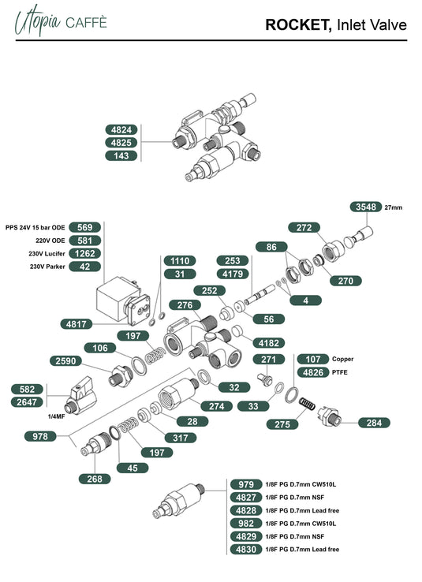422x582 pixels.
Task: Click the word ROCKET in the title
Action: pyautogui.click(x=298, y=25)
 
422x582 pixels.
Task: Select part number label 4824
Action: pyautogui.click(x=122, y=129)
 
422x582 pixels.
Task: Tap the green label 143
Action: pyautogui.click(x=122, y=155)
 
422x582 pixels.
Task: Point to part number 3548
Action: pyautogui.click(x=364, y=207)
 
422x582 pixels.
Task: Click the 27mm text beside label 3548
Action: pyautogui.click(x=393, y=207)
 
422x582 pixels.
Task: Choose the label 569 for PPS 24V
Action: pyautogui.click(x=85, y=226)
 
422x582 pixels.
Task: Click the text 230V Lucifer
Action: pyautogui.click(x=47, y=253)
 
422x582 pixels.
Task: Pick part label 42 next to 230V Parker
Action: pyautogui.click(x=85, y=267)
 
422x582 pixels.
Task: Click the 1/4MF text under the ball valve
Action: pyautogui.click(x=58, y=416)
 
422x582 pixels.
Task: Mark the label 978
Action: pyautogui.click(x=40, y=435)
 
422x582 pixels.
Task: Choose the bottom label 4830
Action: pyautogui.click(x=245, y=549)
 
